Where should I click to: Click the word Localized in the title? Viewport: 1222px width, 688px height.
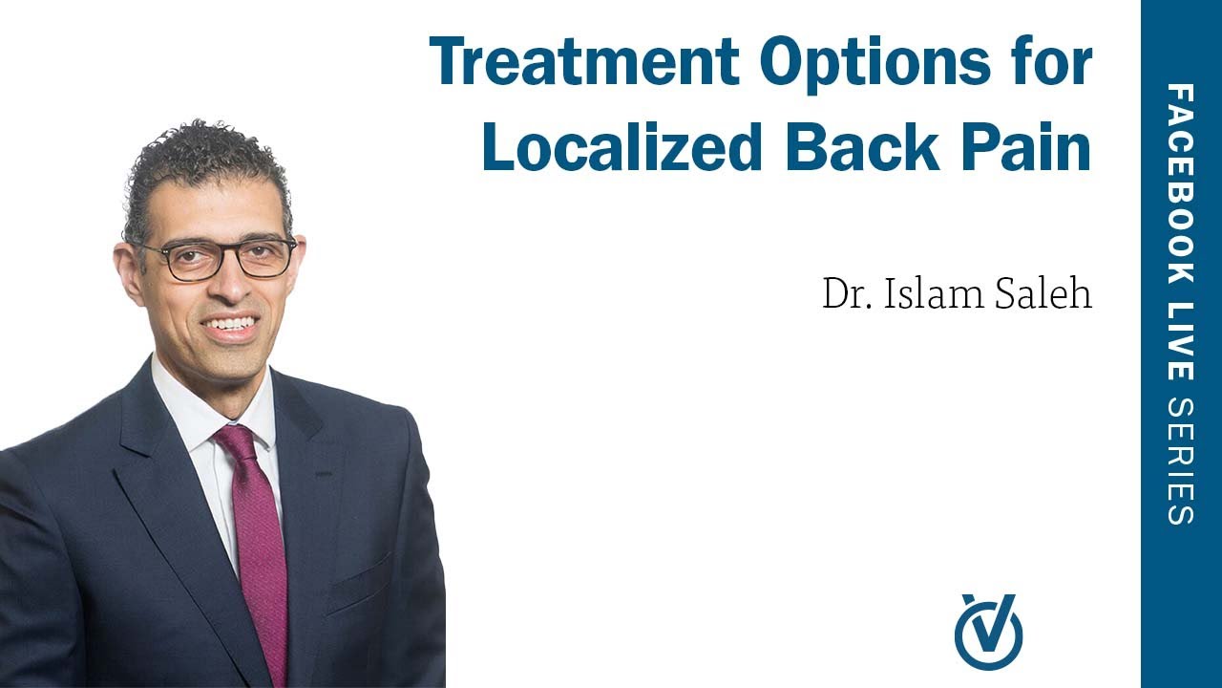622,148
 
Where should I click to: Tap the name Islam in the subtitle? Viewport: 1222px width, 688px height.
926,294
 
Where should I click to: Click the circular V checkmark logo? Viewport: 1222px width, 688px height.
988,631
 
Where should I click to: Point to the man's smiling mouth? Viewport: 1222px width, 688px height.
230,325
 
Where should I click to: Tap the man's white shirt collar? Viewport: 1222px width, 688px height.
181,411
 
